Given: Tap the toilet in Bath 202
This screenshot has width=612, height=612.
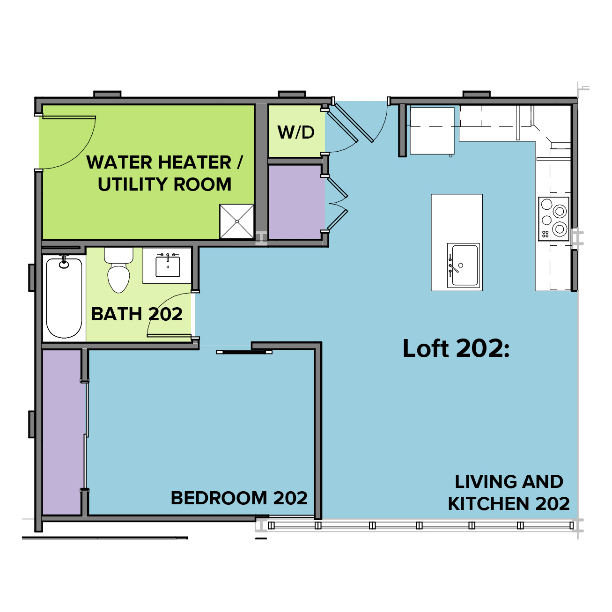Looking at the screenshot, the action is click(119, 270).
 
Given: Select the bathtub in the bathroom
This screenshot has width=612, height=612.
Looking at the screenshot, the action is click(64, 298).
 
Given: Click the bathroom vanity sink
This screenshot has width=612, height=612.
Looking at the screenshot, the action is click(168, 266).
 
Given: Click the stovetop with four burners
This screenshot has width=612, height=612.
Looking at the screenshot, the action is click(553, 219).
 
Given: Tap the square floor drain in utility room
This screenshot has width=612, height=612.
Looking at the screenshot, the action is click(236, 221).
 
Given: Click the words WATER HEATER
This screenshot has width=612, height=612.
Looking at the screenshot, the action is click(159, 162).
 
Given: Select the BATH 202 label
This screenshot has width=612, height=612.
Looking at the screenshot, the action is click(137, 314).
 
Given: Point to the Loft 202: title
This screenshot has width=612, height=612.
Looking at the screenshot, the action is click(456, 348).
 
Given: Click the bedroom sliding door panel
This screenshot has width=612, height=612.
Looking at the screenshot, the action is click(244, 352).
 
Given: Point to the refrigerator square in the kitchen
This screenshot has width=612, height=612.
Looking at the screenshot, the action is click(432, 131).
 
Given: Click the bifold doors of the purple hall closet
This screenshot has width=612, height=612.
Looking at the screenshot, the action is click(337, 203).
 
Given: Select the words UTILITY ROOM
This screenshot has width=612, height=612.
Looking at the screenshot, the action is click(164, 184).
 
